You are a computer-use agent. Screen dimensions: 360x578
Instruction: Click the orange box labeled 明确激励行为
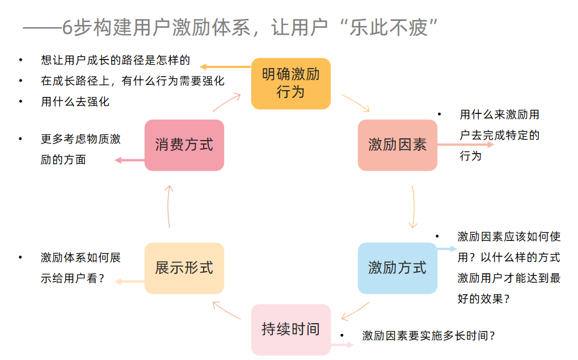290,83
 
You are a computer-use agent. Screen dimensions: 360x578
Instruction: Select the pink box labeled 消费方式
184,145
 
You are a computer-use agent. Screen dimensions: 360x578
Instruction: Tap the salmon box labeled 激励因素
397,145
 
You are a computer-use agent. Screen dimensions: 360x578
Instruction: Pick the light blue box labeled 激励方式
397,268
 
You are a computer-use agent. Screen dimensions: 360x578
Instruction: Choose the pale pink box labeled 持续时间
290,329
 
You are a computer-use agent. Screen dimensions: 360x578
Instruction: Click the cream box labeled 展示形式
184,268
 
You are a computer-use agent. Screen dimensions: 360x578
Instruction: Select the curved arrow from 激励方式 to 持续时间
356,311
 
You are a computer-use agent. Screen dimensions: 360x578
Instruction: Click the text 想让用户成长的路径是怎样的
115,60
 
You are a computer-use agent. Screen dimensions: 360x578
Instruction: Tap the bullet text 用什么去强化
75,102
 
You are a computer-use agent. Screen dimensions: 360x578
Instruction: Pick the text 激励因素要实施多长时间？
429,336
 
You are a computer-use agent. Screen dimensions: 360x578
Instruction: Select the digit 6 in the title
68,28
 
